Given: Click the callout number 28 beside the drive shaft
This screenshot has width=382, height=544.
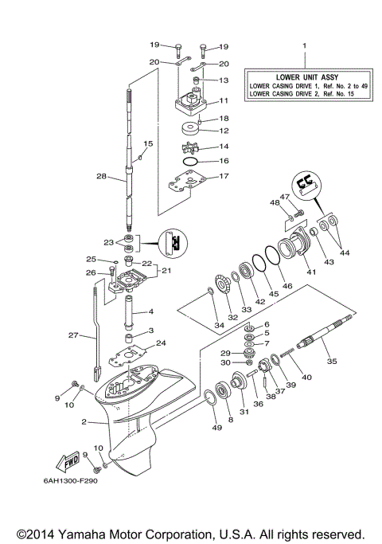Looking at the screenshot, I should click(101, 176).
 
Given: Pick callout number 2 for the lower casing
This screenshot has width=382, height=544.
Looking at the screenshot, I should click(83, 422).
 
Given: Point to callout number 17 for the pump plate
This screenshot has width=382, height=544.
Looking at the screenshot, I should click(225, 177).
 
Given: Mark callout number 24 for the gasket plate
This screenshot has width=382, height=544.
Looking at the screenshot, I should click(162, 344).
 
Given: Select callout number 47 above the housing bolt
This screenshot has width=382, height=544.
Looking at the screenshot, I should click(284, 196).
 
